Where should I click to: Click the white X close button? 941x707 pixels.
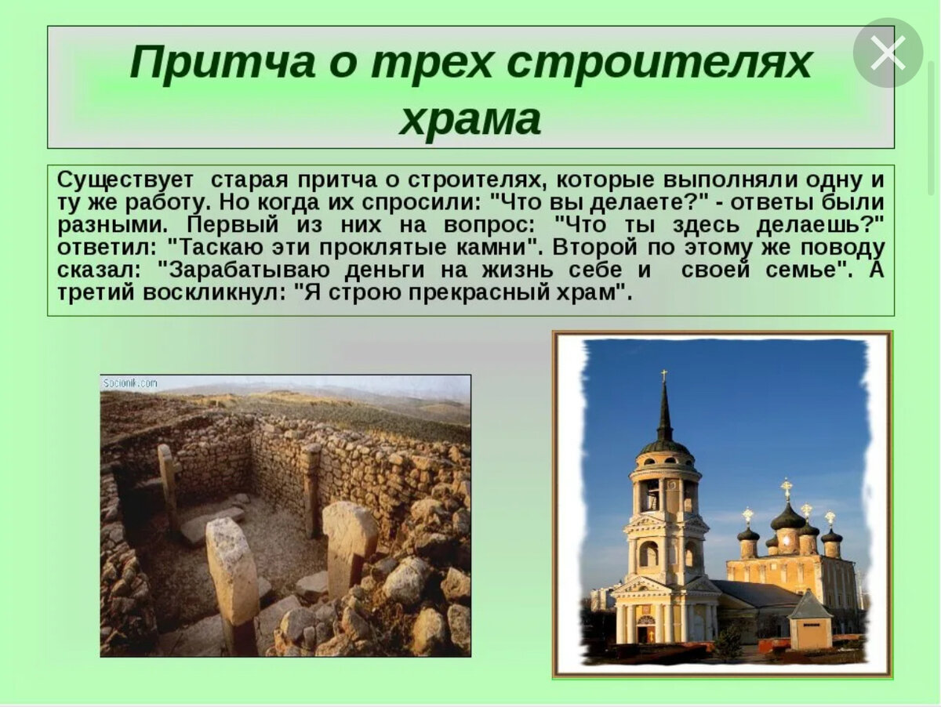[888, 53]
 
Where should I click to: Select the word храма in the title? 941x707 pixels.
[470, 120]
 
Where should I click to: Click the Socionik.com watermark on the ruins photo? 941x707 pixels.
[130, 384]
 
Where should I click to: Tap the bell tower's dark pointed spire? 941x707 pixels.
[664, 412]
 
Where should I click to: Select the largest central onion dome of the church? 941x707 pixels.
[787, 517]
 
